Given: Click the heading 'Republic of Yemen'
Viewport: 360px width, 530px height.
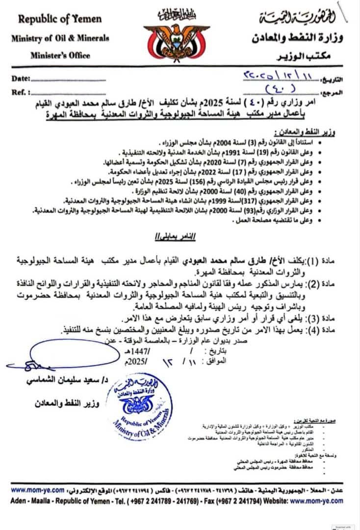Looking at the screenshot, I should click(x=60, y=20).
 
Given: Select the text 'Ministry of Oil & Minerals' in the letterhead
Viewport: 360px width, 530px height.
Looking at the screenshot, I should click(x=60, y=39).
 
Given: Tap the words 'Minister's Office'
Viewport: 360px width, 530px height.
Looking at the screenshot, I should click(x=60, y=55).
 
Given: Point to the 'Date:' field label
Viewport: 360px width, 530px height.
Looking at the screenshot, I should click(x=21, y=79).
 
